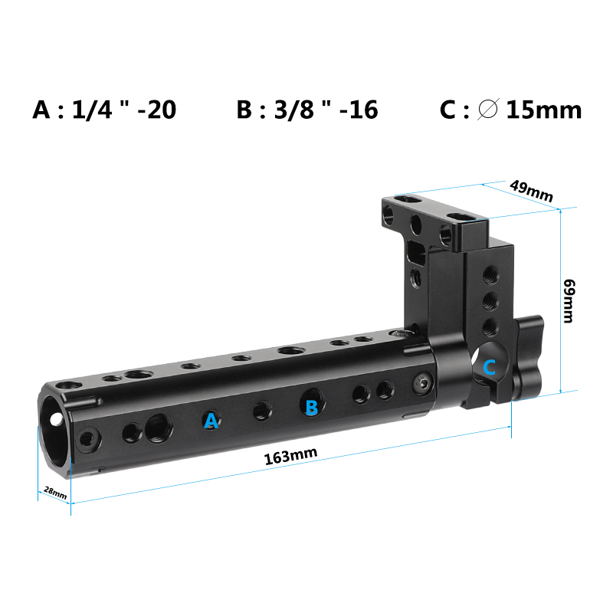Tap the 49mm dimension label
point(531,191)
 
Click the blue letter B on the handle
point(311,407)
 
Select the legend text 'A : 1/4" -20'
point(105,110)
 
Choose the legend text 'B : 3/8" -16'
point(307,110)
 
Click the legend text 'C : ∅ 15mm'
point(511,110)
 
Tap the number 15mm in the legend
point(544,110)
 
